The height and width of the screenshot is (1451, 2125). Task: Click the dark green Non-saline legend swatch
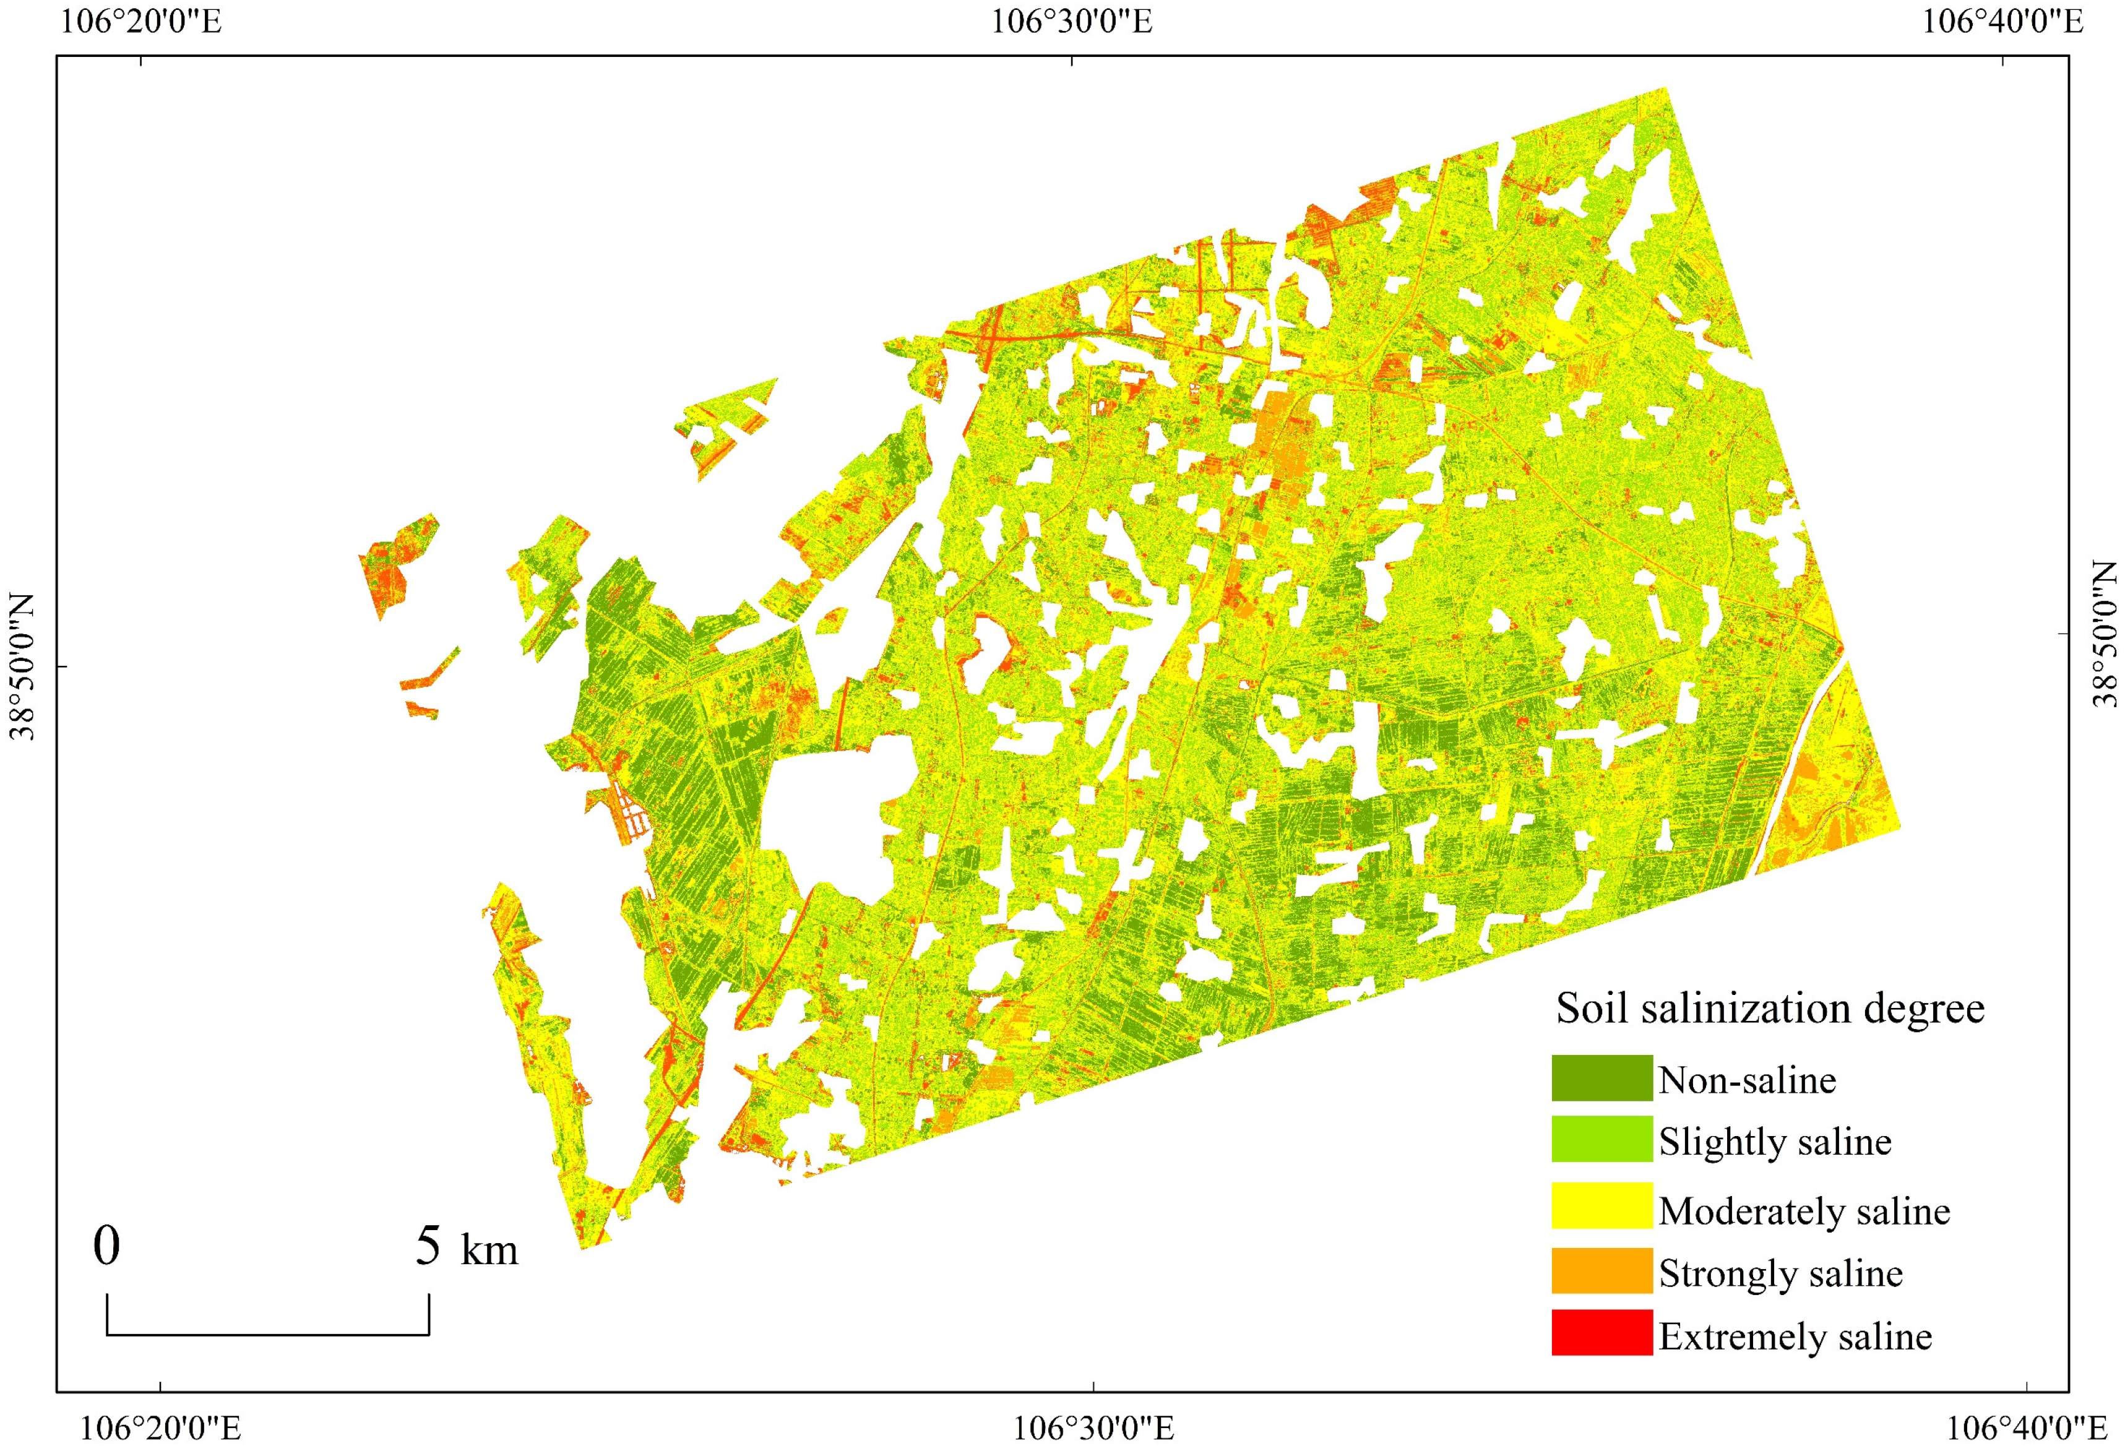tap(1601, 1078)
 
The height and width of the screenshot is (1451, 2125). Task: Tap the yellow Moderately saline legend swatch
tap(1601, 1205)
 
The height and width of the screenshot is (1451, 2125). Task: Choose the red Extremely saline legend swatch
tap(1601, 1332)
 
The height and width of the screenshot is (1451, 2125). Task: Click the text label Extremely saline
tap(1795, 1337)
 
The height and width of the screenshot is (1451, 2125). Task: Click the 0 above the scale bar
tap(107, 1246)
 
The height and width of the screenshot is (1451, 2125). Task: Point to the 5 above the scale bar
tap(428, 1246)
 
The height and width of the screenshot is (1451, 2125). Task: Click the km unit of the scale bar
tap(489, 1251)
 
